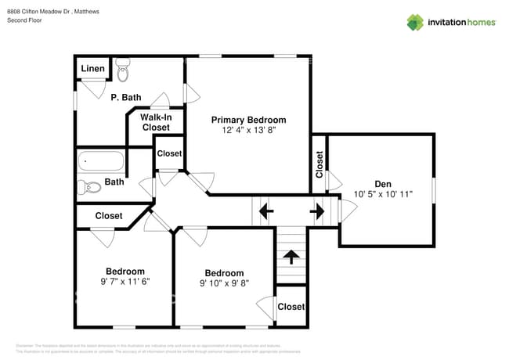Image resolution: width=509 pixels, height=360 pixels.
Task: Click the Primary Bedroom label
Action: tap(248, 120)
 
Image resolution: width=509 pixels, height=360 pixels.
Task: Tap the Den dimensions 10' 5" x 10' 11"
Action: tap(382, 194)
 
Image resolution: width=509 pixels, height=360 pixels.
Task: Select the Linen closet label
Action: tap(92, 69)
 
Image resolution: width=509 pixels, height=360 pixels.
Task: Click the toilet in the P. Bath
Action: tap(123, 71)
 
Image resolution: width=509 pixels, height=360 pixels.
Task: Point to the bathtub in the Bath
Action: tap(101, 161)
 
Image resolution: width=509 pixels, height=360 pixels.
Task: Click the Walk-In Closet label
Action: tap(155, 122)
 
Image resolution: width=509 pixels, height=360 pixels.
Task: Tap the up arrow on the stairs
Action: tap(291, 255)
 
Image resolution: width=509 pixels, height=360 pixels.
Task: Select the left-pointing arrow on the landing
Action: tap(265, 211)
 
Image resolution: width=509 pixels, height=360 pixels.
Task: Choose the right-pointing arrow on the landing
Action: tap(317, 211)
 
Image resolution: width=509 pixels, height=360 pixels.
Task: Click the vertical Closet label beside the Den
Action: tap(319, 164)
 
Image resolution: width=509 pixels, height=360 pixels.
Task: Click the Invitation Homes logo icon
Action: tap(415, 22)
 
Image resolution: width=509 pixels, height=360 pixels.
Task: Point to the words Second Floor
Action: tap(24, 20)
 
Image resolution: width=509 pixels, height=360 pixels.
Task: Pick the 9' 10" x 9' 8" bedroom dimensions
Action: tap(224, 284)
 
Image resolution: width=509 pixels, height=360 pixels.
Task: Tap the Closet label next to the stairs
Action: tap(291, 307)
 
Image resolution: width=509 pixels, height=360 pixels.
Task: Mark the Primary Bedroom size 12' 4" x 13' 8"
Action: tap(248, 131)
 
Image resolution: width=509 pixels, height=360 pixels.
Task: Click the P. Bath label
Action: tap(125, 97)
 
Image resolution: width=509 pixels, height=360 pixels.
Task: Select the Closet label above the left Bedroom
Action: tap(108, 215)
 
